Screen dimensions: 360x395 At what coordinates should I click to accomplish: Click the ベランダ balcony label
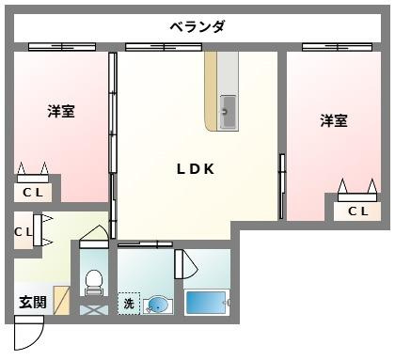(x=197, y=25)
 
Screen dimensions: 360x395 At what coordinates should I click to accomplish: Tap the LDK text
(x=197, y=169)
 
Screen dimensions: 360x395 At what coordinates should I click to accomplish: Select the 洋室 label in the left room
(x=61, y=111)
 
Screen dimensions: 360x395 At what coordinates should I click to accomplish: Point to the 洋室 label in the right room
(x=333, y=120)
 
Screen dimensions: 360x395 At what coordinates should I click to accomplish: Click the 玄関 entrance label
(x=31, y=303)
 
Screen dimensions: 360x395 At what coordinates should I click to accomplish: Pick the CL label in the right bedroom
(x=358, y=211)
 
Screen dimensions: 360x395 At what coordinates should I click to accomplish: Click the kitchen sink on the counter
(x=228, y=113)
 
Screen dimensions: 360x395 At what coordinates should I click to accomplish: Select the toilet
(x=93, y=281)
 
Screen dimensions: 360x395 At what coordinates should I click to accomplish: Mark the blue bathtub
(x=207, y=303)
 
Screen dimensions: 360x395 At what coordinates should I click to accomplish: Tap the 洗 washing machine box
(x=129, y=304)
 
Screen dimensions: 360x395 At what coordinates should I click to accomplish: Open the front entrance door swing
(x=29, y=333)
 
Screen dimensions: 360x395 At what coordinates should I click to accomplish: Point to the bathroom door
(x=185, y=266)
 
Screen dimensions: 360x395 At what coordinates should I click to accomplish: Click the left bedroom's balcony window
(x=60, y=46)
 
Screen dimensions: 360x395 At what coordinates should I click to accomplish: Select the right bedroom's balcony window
(x=335, y=46)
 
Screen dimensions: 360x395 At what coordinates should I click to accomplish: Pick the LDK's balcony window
(x=163, y=46)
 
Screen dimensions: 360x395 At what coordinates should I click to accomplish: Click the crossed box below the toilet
(x=93, y=308)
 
